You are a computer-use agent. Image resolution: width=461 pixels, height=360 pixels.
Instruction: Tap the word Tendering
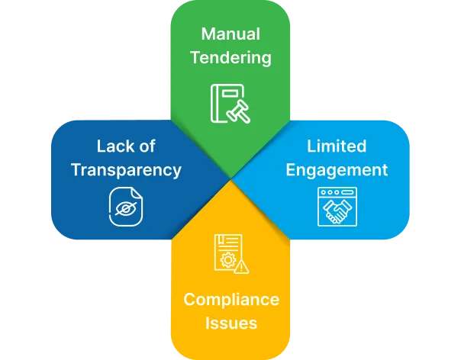pyautogui.click(x=230, y=57)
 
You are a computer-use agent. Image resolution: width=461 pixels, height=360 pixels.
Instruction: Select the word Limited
pyautogui.click(x=337, y=146)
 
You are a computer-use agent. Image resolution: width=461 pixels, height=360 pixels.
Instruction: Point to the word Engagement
pyautogui.click(x=337, y=169)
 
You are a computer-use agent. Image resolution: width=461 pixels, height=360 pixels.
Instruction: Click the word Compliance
pyautogui.click(x=231, y=299)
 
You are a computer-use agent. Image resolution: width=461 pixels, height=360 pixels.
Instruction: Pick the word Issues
pyautogui.click(x=231, y=323)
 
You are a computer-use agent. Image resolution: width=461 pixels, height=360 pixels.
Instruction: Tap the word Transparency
pyautogui.click(x=126, y=169)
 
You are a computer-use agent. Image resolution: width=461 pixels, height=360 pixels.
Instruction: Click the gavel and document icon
pyautogui.click(x=230, y=104)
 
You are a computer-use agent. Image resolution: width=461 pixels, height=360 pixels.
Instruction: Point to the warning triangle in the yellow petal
pyautogui.click(x=241, y=266)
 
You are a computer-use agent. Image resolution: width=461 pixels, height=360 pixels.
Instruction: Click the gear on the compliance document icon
pyautogui.click(x=226, y=260)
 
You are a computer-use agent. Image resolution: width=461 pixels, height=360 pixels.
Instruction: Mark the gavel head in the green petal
pyautogui.click(x=238, y=111)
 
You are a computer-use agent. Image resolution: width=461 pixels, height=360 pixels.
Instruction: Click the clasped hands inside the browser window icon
pyautogui.click(x=337, y=211)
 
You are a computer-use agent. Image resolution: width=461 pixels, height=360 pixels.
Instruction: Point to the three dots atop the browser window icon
pyautogui.click(x=325, y=193)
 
